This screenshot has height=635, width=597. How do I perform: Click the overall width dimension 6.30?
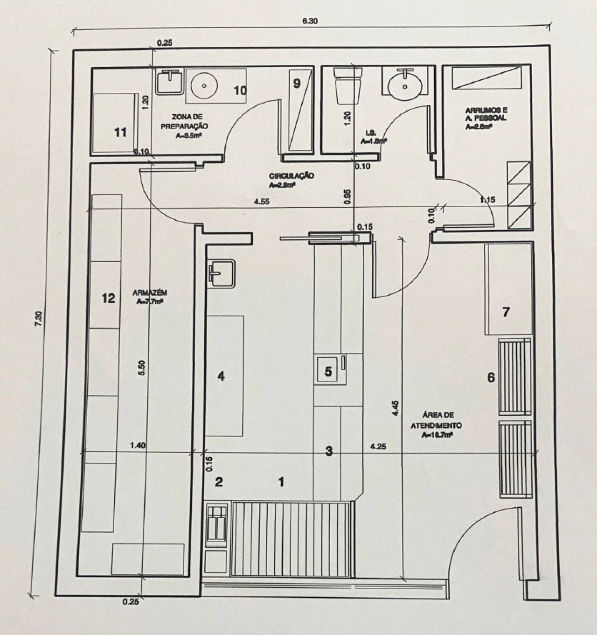[x=310, y=21]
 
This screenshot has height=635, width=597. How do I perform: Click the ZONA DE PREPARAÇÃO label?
[x=184, y=126]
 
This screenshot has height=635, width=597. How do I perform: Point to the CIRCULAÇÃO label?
[x=292, y=180]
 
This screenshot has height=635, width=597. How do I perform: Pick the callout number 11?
[x=120, y=133]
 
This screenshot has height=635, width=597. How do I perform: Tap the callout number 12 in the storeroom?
[x=108, y=298]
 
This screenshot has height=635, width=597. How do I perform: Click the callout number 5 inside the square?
[x=328, y=371]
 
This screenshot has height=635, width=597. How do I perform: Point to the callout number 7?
[x=506, y=312]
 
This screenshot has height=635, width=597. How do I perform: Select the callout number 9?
[x=297, y=83]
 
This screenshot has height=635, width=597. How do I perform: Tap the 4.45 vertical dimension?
[x=396, y=408]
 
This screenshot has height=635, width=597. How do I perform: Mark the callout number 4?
[x=221, y=376]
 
